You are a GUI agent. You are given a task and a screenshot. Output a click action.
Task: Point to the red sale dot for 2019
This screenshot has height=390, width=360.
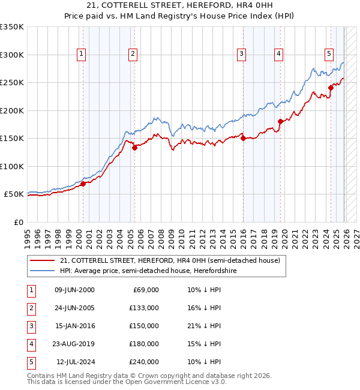280,121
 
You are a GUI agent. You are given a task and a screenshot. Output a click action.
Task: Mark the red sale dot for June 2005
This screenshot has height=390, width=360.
134,148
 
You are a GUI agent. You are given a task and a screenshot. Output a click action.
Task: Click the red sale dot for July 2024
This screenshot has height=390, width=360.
331,88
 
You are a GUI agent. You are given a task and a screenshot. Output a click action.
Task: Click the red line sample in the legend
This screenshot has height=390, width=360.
43,261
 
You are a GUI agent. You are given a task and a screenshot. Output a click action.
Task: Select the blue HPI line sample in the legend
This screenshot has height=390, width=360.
43,271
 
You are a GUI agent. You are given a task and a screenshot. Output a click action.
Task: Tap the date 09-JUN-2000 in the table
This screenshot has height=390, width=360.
74,290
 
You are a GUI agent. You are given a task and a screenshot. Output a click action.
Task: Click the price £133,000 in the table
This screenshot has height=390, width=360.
144,308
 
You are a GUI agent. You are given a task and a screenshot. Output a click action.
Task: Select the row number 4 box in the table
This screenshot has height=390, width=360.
31,344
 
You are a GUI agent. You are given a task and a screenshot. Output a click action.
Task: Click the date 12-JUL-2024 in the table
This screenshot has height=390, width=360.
75,362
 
